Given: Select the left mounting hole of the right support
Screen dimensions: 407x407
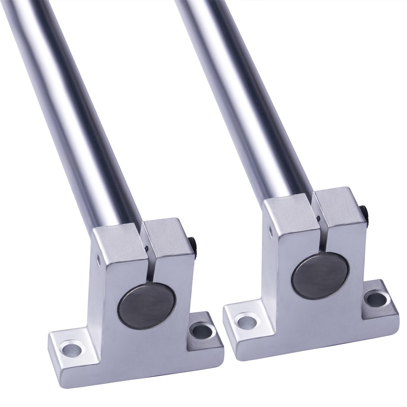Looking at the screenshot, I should [245, 321].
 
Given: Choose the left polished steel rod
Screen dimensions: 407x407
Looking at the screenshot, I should [79, 109].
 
